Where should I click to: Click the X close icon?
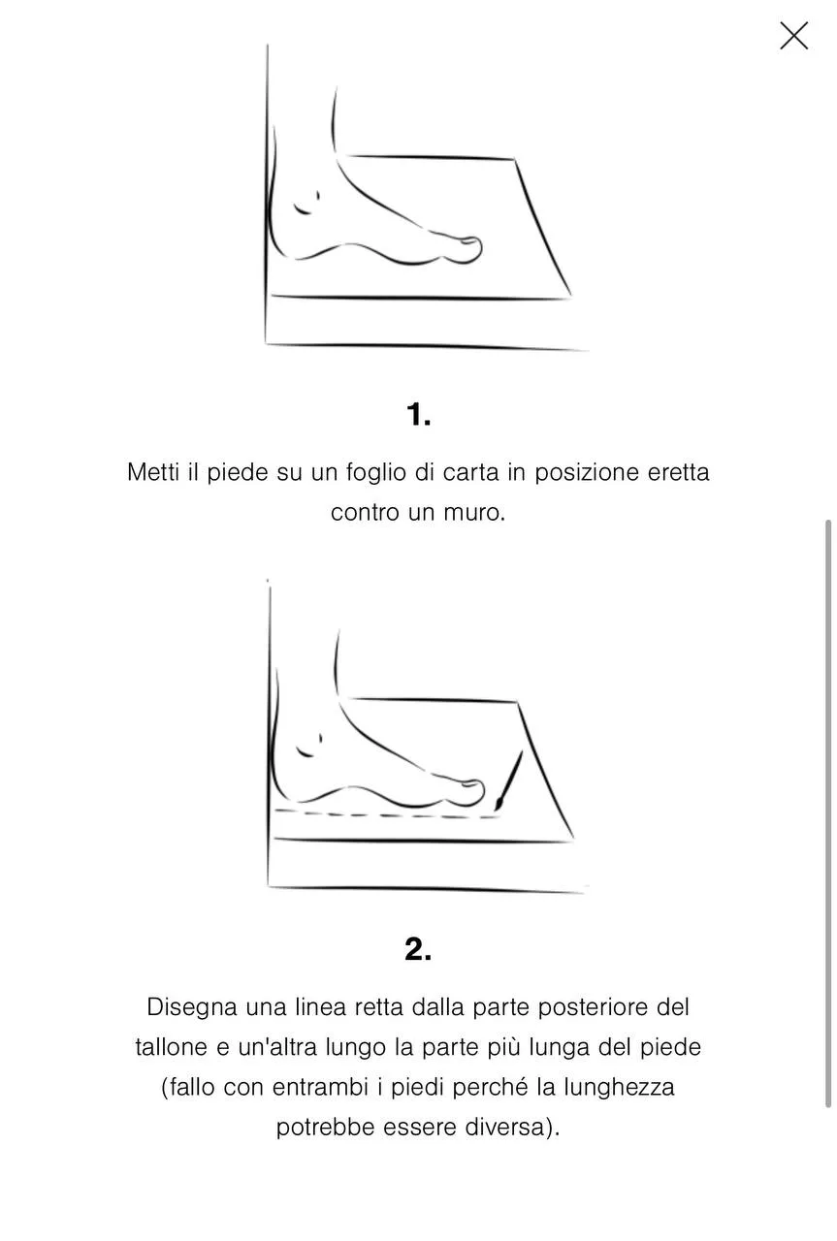pos(793,36)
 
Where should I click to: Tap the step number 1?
pos(419,415)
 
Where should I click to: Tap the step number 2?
pos(419,949)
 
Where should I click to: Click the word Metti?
pos(153,472)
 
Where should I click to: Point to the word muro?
pos(474,513)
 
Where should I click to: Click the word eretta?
pos(679,472)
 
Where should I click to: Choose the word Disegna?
pos(192,1007)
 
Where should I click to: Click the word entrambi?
pos(320,1088)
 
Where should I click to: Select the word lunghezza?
pos(619,1088)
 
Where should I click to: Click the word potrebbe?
pos(325,1128)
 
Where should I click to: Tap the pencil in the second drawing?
pos(509,780)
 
